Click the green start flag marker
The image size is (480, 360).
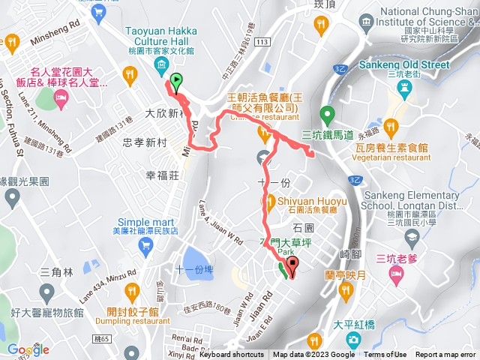click(175, 80)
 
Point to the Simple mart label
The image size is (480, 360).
click(145, 221)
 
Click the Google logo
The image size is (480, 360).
click(29, 349)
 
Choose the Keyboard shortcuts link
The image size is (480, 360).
click(231, 355)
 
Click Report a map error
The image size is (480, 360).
click(445, 355)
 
